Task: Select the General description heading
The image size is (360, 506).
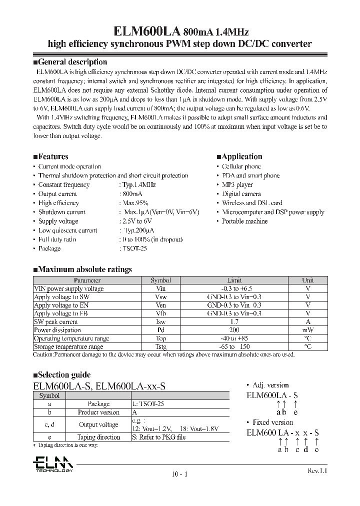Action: pyautogui.click(x=72, y=62)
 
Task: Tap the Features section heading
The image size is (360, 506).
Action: pyautogui.click(x=53, y=156)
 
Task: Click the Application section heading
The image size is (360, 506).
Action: pyautogui.click(x=241, y=156)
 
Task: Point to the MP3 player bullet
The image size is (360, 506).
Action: pyautogui.click(x=237, y=184)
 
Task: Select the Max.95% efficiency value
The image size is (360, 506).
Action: pyautogui.click(x=135, y=203)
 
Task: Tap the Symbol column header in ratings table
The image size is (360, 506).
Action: pyautogui.click(x=160, y=280)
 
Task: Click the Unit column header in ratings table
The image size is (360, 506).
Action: pyautogui.click(x=308, y=280)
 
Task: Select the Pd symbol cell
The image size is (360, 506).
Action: pyautogui.click(x=160, y=330)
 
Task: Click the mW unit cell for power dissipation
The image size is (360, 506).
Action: pyautogui.click(x=308, y=330)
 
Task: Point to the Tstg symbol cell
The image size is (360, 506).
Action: pyautogui.click(x=160, y=346)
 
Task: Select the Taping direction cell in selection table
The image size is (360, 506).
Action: pyautogui.click(x=98, y=436)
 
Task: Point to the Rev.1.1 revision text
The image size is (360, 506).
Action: pyautogui.click(x=316, y=471)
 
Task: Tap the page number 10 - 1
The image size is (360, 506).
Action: pyautogui.click(x=178, y=474)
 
